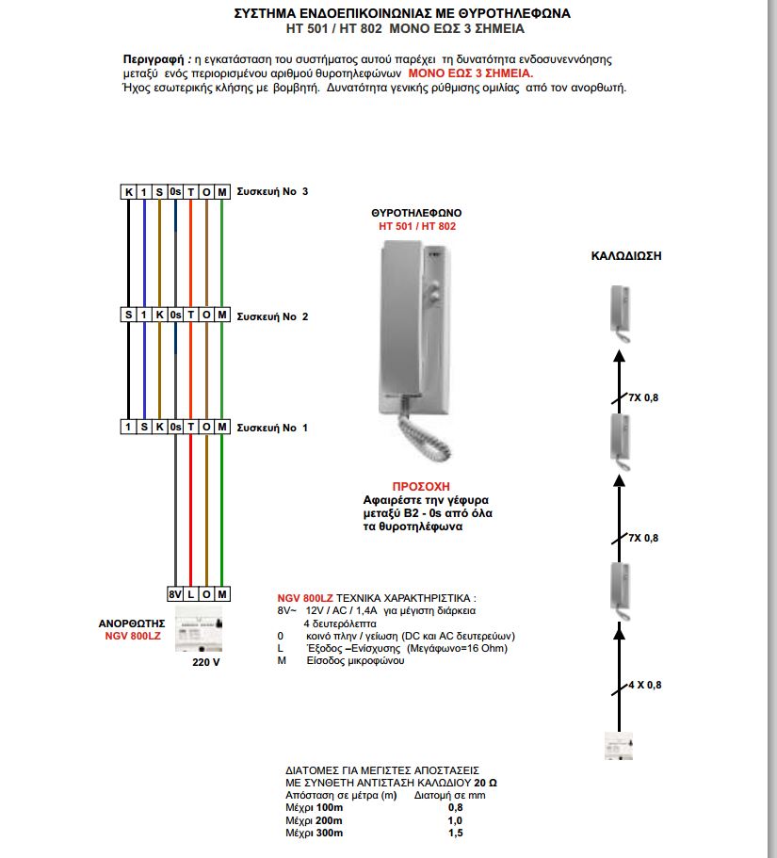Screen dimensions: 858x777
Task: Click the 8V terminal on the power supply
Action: click(175, 595)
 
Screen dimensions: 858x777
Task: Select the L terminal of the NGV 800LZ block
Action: click(190, 595)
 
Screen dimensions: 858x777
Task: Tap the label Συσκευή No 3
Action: click(272, 191)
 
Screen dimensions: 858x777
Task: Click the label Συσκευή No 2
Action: click(272, 316)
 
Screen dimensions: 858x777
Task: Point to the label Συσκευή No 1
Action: click(272, 428)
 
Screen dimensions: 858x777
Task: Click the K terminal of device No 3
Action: click(128, 192)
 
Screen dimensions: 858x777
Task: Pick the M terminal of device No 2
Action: click(221, 316)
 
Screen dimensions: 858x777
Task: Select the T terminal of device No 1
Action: click(190, 427)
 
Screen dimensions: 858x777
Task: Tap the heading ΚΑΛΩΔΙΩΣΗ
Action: click(623, 255)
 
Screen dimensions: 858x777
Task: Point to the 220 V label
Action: click(205, 662)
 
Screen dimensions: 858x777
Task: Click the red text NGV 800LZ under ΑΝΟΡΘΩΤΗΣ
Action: click(133, 637)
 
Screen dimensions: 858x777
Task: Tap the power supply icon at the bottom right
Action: click(618, 745)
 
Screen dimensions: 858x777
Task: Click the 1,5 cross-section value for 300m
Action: click(456, 834)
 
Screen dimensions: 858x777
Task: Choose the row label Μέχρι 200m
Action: click(315, 820)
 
